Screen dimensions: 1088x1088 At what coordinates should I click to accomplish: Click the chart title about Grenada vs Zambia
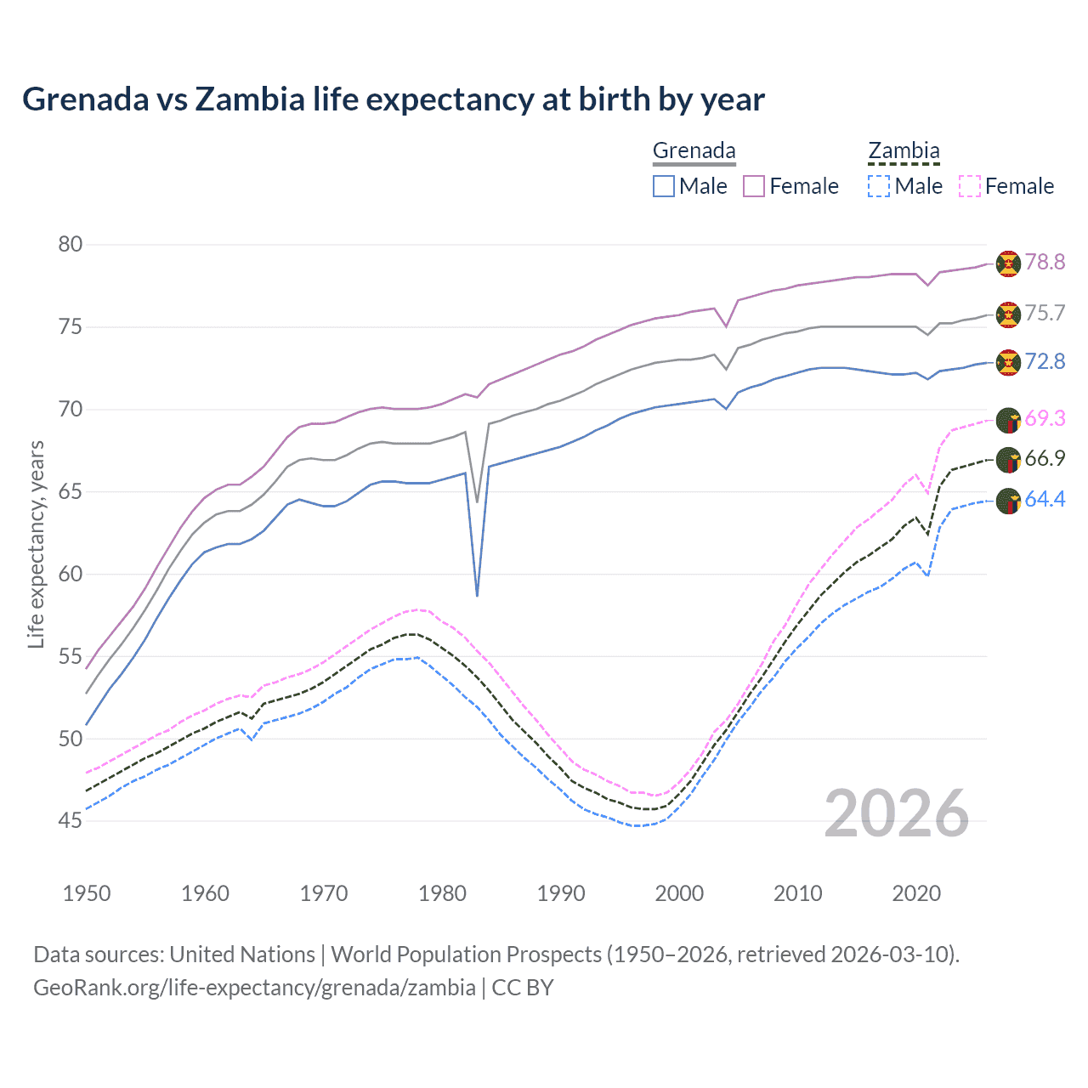393,99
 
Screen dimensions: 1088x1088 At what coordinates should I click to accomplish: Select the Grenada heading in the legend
694,150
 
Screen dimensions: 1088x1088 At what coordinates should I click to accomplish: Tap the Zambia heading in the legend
904,150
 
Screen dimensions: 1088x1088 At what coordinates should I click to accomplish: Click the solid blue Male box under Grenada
664,186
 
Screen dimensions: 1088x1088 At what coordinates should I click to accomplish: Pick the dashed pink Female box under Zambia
970,186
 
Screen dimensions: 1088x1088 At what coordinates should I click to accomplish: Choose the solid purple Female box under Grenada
754,186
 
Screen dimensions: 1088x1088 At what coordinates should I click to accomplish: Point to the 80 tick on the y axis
71,245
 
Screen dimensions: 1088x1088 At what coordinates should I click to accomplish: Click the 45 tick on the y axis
71,821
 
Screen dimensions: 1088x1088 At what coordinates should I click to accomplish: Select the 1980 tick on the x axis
442,893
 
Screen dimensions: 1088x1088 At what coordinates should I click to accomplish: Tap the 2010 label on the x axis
797,893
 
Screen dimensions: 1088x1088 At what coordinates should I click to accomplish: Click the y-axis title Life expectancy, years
36,544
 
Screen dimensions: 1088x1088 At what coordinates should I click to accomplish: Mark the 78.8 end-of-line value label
1045,263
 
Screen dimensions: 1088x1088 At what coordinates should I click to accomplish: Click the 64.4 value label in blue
1045,500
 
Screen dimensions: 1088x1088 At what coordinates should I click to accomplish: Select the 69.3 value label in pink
1045,418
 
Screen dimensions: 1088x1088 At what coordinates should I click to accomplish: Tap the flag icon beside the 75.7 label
1008,314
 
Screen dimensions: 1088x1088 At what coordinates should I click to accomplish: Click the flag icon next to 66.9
1008,460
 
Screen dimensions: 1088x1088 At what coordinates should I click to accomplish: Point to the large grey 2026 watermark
896,813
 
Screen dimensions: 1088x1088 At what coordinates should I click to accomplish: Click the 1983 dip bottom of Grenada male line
477,595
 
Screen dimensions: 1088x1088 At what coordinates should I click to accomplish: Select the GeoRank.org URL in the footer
254,988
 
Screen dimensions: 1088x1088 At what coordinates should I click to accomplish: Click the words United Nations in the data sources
242,955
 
